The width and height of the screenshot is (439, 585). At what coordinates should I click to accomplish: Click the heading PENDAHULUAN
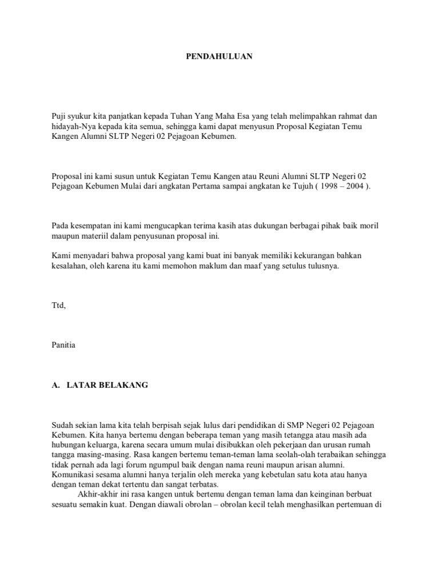tap(220, 57)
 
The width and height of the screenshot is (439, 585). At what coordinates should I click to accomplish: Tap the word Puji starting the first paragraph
tap(59, 116)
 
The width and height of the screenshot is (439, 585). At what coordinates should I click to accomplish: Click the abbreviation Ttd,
tap(59, 306)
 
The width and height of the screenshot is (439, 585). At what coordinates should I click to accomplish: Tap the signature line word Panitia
tap(63, 345)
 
